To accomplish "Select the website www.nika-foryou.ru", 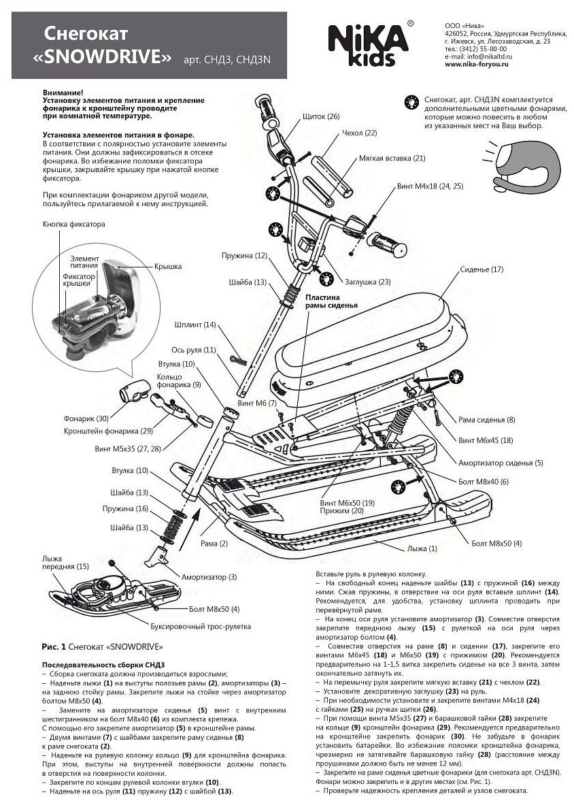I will [475, 65].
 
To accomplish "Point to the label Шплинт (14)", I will [195, 325].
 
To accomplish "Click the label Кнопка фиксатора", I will [74, 224].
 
